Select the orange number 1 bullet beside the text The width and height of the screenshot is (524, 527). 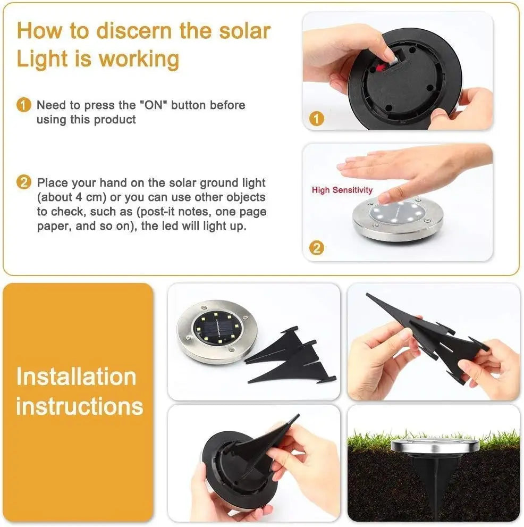(x=23, y=105)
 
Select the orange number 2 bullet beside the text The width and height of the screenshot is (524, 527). (x=23, y=183)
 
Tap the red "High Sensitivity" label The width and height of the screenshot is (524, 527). (x=342, y=190)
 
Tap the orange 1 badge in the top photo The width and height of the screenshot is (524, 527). (x=317, y=119)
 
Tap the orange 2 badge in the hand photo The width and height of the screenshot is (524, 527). (x=317, y=247)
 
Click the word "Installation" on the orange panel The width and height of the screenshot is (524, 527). (x=76, y=377)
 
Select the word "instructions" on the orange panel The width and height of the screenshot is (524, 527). (x=80, y=406)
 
